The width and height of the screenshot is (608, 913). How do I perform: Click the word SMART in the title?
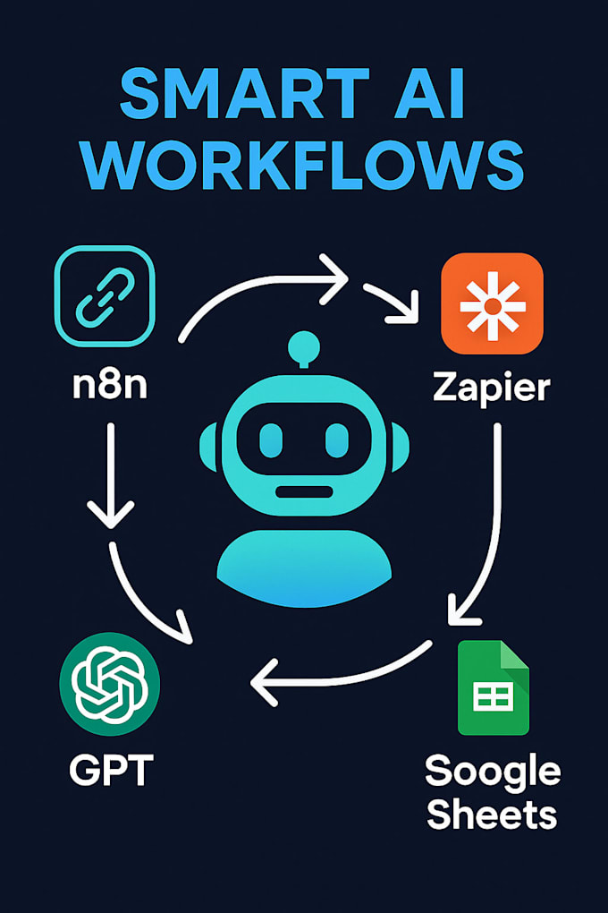coord(245,94)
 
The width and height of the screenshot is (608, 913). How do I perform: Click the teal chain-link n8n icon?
coord(105,296)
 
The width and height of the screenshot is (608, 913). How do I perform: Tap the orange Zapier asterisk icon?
coord(493,303)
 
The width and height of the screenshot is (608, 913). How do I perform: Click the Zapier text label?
coord(492,388)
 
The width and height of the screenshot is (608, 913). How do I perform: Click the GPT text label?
coord(111,770)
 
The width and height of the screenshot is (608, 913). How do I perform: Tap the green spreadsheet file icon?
coord(494,687)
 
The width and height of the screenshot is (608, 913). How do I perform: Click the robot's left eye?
coord(271,440)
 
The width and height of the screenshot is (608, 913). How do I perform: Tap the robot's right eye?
coord(337,440)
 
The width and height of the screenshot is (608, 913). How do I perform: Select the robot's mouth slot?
coord(304,491)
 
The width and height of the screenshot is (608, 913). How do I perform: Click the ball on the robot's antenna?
coord(304,347)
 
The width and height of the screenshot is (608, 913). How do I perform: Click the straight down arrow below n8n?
coord(111,475)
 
